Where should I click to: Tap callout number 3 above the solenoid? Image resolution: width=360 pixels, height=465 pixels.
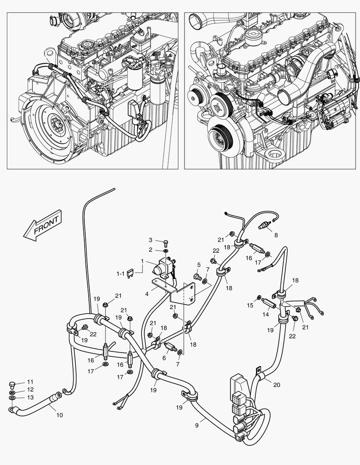(x=151, y=240)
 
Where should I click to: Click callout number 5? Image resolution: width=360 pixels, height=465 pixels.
(x=199, y=264)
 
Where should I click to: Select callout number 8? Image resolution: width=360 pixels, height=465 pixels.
(x=276, y=235)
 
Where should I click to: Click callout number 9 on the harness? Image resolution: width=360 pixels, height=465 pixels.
(x=197, y=425)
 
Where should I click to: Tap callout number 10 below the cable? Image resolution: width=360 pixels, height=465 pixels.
(x=59, y=415)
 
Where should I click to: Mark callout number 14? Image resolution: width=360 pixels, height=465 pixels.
(x=265, y=314)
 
